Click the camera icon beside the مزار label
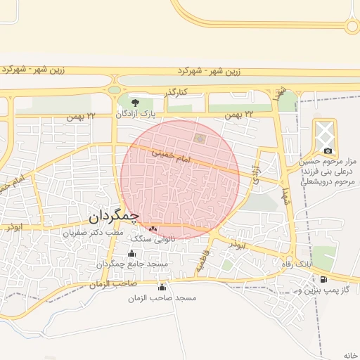click(x=328, y=150)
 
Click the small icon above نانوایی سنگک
click(x=154, y=229)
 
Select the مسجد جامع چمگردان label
click(x=132, y=264)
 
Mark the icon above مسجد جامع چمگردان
click(x=131, y=253)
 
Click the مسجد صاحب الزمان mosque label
click(x=162, y=298)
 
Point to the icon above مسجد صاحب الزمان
click(x=162, y=287)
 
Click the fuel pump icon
click(x=323, y=279)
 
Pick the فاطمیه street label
click(x=202, y=262)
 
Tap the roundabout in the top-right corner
click(x=352, y=26)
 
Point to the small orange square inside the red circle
click(x=200, y=138)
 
